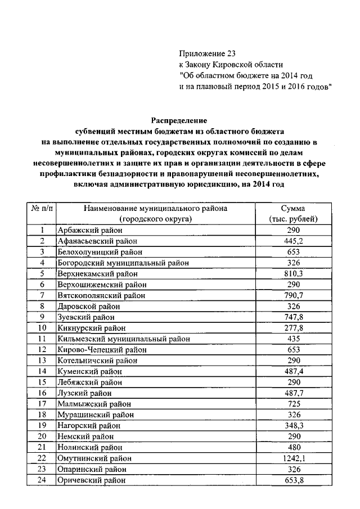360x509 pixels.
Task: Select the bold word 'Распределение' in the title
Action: click(x=179, y=120)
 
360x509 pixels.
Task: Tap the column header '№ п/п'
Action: click(x=42, y=208)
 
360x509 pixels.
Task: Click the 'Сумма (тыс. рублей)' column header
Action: click(x=293, y=213)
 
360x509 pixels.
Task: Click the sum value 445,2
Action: click(x=293, y=241)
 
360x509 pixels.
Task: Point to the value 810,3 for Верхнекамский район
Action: click(x=293, y=273)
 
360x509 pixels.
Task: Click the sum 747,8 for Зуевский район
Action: click(x=293, y=317)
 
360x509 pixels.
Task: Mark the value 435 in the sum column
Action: click(x=293, y=339)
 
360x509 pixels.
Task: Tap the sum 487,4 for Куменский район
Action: click(x=293, y=371)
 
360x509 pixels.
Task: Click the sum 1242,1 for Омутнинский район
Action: click(x=293, y=458)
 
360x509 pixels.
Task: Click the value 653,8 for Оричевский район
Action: click(x=293, y=480)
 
